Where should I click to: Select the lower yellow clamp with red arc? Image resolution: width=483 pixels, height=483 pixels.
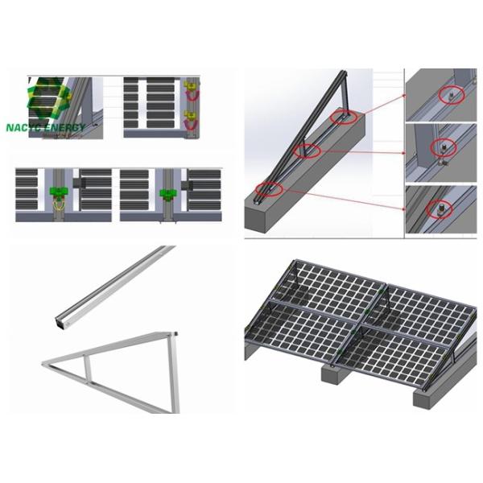coord(191,122)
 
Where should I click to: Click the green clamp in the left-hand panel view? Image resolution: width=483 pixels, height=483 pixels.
coord(59,192)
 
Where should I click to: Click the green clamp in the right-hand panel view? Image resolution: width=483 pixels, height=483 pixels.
coord(167,193)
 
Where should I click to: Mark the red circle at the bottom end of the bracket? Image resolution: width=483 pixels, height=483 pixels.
coord(269,190)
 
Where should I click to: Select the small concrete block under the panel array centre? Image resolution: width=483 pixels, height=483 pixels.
coord(333,372)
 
